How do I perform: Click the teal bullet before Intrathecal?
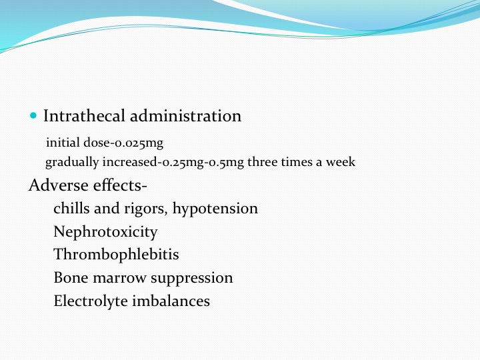pos(33,116)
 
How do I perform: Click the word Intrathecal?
pos(84,116)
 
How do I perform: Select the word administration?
pos(186,116)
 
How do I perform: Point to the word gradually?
pos(72,162)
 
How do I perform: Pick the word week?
pos(341,161)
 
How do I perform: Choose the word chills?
pos(71,209)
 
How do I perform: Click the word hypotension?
pos(215,209)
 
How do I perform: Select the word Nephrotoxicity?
pos(105,232)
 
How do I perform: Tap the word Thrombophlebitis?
pos(116,255)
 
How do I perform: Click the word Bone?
pos(71,277)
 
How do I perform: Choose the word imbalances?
pos(171,301)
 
